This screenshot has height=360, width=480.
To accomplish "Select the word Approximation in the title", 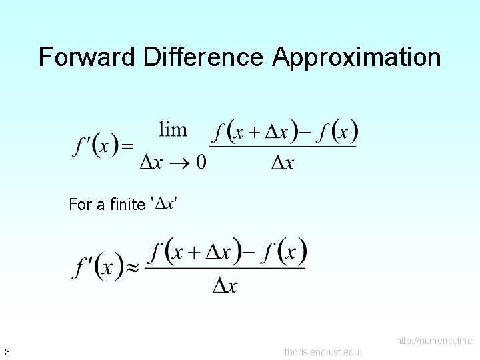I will coord(356,57).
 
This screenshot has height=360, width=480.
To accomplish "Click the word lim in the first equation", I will coord(173,129).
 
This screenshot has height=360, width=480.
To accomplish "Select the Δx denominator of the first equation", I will coord(283,162).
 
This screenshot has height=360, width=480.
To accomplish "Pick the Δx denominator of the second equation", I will coord(225,285).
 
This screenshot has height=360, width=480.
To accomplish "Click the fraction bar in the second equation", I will coord(226,268).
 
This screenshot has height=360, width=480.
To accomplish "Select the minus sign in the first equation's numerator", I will coord(303,131).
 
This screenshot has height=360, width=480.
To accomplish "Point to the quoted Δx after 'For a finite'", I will coord(165,203).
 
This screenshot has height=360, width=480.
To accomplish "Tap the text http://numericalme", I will coord(434,341).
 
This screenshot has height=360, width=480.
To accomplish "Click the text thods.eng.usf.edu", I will coord(321,352).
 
